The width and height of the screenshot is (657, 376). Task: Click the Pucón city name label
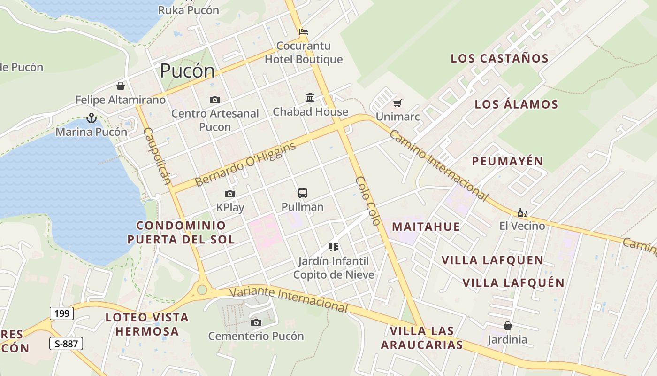[187, 71]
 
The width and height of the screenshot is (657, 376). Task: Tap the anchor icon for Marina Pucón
[91, 118]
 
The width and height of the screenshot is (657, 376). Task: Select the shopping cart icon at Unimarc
[397, 103]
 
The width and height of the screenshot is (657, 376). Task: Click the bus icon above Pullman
[303, 193]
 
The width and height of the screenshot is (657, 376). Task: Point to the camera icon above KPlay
[229, 194]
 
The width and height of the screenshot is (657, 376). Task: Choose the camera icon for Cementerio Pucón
[256, 322]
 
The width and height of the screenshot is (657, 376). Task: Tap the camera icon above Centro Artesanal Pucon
[215, 100]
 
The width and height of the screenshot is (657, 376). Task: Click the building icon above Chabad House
[310, 98]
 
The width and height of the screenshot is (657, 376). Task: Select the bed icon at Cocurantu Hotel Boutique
[304, 32]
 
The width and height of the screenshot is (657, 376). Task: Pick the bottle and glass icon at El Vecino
[522, 212]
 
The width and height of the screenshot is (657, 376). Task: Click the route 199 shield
[61, 313]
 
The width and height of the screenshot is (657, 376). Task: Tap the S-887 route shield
[66, 344]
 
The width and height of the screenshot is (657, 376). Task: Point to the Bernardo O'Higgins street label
[245, 164]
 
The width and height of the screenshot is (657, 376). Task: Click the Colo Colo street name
[367, 200]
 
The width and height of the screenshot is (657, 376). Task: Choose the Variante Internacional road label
[288, 299]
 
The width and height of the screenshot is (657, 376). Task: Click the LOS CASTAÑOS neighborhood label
[499, 59]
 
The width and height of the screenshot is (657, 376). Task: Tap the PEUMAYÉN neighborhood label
[507, 161]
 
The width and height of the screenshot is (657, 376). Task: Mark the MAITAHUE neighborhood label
[426, 227]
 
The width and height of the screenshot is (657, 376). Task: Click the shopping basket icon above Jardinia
[507, 325]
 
